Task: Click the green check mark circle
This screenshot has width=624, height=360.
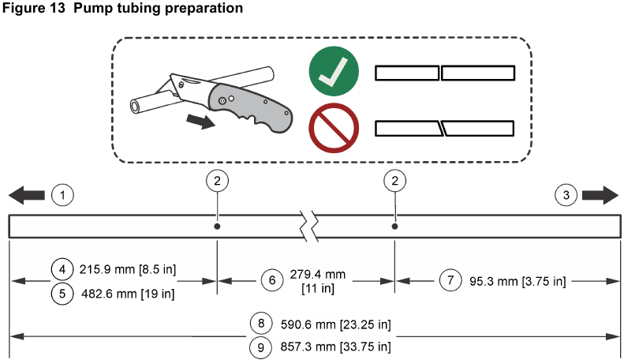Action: coord(334,71)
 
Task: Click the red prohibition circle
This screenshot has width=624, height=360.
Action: coord(334,128)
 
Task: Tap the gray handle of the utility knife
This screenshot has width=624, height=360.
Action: coord(251,107)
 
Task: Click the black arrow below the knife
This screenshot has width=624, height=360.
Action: coord(201,121)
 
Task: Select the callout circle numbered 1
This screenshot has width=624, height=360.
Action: coord(62,195)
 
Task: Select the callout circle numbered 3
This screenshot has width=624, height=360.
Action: coord(566,195)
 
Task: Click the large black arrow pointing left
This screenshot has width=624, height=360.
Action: coord(27,195)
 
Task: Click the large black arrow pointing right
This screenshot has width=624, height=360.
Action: coord(600,195)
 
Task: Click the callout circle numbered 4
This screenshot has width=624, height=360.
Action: coord(62,269)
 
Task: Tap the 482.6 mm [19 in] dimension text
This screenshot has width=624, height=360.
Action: coord(128,294)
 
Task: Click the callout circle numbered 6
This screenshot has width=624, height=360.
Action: coord(272,280)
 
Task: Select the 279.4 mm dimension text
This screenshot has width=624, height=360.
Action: coord(318,275)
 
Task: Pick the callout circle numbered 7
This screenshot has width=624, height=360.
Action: coord(450,280)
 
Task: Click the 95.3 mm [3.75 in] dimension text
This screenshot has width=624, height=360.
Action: coord(518,282)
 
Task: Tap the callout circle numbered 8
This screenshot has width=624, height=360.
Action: coord(261,323)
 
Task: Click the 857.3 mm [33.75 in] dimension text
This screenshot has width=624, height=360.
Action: coord(335,347)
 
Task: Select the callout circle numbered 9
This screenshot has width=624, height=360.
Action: coord(260,347)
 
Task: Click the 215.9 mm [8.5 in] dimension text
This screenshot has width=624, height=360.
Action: coord(127,269)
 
